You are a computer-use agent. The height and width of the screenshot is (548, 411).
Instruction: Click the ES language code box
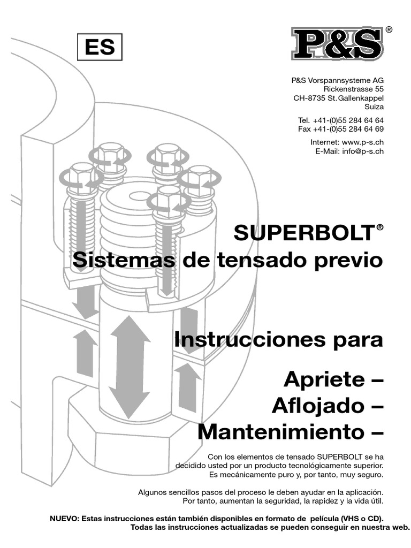[x=100, y=47]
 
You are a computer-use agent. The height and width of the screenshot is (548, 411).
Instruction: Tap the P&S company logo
[x=337, y=44]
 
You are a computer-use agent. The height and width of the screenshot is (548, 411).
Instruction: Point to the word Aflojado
[x=314, y=406]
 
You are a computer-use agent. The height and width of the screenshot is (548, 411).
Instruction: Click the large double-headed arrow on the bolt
[x=130, y=367]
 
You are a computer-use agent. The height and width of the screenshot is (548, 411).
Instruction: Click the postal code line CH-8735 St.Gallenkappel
[x=338, y=98]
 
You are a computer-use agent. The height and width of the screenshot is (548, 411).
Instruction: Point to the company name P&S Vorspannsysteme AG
[x=338, y=80]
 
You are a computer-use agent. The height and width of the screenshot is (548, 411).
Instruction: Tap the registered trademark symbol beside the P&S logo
[x=389, y=30]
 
